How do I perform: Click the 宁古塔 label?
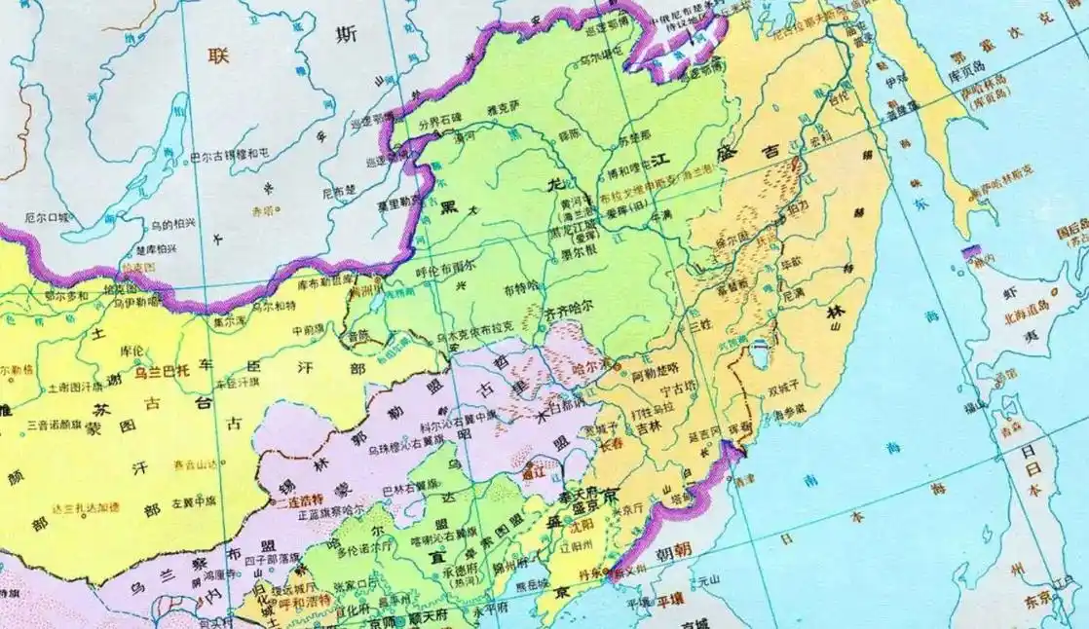pos(663,395)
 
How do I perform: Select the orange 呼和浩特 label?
pos(292,601)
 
